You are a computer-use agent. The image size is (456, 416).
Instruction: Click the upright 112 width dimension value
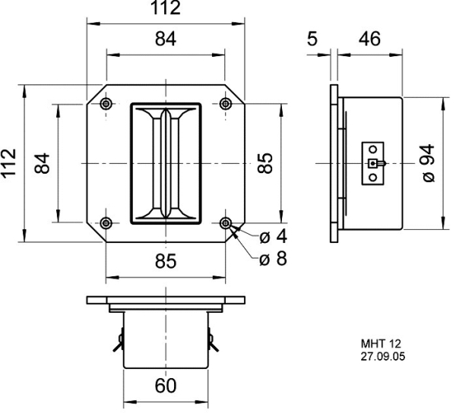(166, 9)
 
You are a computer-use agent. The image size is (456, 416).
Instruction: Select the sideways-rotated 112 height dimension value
(9, 162)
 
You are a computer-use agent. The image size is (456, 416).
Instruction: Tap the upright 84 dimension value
(166, 39)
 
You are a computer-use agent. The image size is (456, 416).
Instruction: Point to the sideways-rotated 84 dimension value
(42, 162)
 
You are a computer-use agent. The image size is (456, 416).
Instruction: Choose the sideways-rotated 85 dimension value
(264, 163)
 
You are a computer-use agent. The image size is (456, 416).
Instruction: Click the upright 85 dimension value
(166, 261)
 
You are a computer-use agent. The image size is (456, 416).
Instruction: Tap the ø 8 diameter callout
(273, 259)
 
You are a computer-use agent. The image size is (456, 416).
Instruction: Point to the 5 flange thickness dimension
(312, 39)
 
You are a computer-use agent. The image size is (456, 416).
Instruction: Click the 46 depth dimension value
(369, 39)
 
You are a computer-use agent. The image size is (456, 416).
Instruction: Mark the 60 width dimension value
(166, 386)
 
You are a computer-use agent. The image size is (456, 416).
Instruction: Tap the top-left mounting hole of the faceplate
(106, 103)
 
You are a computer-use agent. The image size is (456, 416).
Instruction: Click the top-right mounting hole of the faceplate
(226, 103)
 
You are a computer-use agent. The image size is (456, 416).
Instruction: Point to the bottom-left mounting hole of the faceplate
(106, 222)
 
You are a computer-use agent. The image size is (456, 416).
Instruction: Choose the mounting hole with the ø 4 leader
(226, 222)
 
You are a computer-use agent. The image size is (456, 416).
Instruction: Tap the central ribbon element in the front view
(166, 162)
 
